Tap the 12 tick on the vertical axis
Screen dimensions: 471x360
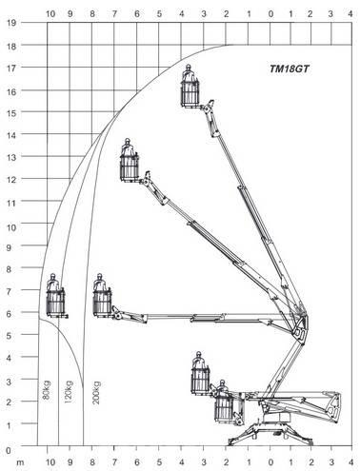[10, 181]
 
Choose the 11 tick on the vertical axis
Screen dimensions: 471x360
[10, 203]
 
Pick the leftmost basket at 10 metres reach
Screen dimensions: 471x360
[55, 301]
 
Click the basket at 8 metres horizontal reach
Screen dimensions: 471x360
[102, 301]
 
